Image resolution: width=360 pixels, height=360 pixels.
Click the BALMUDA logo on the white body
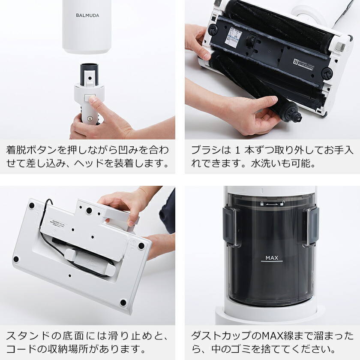(87, 15)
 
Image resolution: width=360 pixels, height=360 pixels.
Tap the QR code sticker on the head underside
(296, 62)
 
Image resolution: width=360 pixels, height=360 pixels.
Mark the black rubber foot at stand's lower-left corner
(16, 259)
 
